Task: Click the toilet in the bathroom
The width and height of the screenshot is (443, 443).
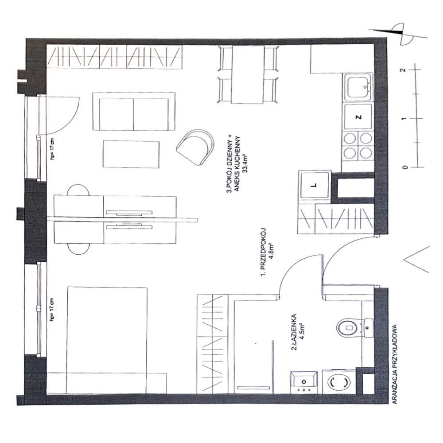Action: tap(354, 328)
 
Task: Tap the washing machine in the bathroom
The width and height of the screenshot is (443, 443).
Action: tap(338, 382)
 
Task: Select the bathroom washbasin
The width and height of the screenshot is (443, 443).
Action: tap(304, 382)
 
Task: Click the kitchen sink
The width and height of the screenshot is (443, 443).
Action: tap(358, 88)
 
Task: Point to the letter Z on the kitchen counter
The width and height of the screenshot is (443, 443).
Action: tap(358, 117)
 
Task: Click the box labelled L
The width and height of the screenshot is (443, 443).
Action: tap(315, 185)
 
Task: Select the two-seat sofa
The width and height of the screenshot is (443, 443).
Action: tap(134, 111)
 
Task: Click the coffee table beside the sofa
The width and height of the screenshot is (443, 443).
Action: tap(131, 154)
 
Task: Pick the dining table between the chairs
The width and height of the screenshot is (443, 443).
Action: tap(249, 74)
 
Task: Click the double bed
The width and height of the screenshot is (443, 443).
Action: tap(107, 340)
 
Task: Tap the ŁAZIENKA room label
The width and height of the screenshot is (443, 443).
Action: tap(294, 332)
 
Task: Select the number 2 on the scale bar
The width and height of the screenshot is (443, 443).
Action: tap(404, 70)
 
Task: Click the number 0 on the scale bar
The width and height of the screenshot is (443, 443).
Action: tap(405, 167)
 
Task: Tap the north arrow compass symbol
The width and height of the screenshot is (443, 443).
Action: tap(398, 35)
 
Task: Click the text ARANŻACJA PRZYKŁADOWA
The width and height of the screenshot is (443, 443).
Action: tap(395, 364)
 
